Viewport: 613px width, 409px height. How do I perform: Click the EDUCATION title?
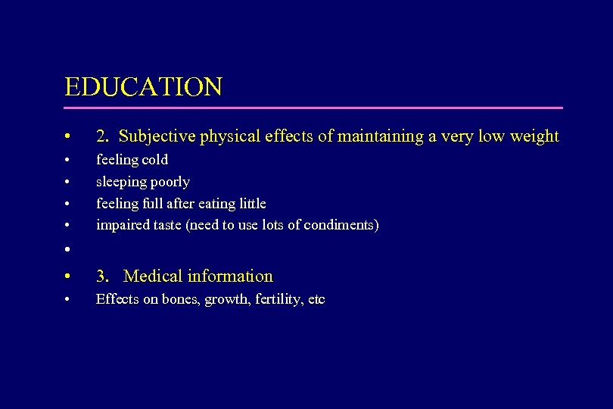144,86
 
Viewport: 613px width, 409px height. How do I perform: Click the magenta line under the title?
314,108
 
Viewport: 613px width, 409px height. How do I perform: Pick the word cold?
154,160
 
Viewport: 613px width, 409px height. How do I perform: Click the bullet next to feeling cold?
68,161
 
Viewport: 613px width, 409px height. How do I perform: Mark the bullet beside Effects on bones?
68,300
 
